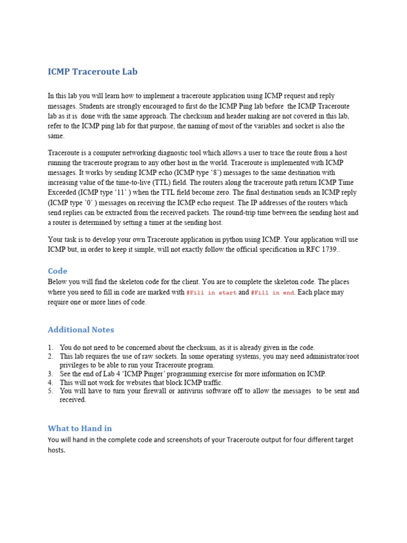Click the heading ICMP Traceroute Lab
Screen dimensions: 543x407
click(92, 72)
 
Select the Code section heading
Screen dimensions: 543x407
click(58, 271)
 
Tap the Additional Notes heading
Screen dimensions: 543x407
click(81, 329)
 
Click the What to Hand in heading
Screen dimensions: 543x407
click(79, 428)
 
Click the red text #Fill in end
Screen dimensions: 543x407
click(272, 292)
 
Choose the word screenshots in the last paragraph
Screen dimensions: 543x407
click(185, 440)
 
